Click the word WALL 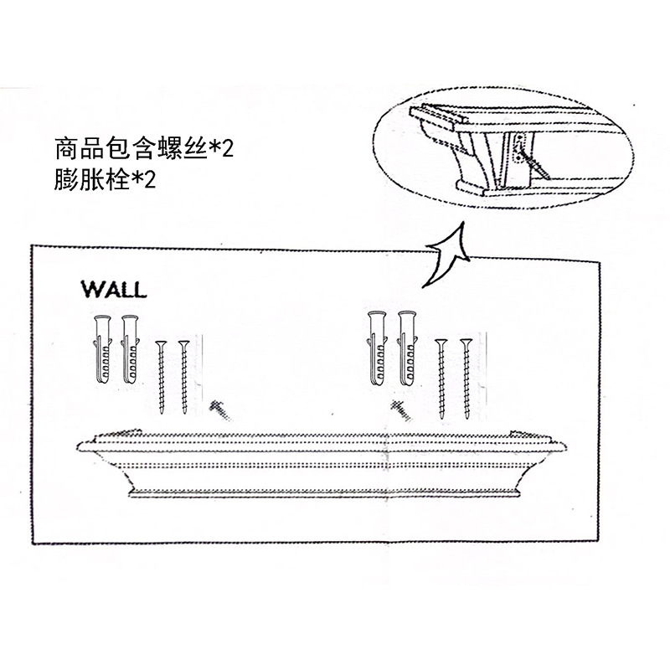113,290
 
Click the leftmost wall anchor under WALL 103,350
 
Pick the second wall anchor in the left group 130,350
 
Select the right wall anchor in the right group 408,350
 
